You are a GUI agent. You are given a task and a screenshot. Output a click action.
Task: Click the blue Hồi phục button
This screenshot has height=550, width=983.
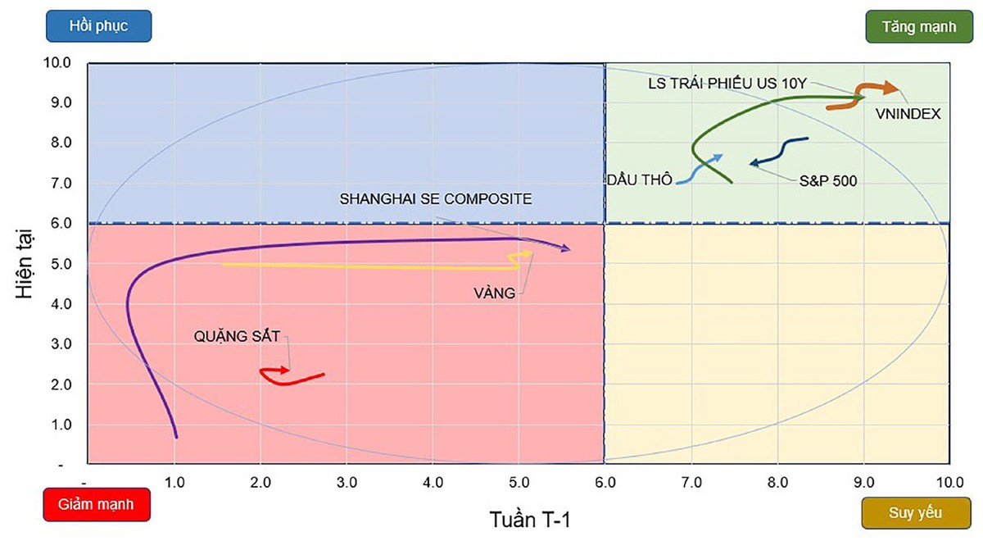[98, 25]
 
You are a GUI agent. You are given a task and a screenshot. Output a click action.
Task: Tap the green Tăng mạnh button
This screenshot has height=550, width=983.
[918, 26]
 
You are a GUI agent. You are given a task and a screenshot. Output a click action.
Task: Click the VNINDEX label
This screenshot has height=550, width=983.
[908, 114]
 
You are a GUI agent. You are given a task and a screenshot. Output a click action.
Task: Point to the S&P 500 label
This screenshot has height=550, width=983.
[828, 181]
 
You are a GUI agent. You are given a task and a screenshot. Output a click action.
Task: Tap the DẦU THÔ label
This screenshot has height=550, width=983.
[640, 180]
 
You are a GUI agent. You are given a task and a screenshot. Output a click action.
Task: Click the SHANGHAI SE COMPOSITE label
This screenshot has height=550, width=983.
[436, 198]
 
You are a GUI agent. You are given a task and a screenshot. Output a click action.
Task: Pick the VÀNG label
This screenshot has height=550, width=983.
[495, 293]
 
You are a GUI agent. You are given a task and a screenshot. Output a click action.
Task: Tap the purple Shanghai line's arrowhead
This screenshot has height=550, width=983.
[564, 248]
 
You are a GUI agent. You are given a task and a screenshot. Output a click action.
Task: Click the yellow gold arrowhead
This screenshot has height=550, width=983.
[528, 254]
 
